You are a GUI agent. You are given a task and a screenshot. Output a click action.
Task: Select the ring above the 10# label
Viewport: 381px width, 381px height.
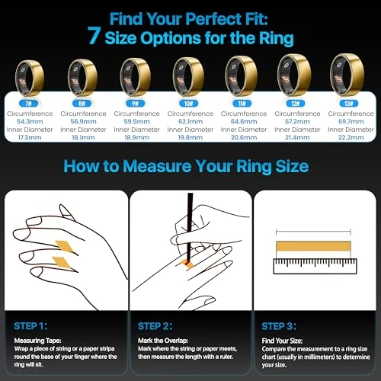click(187, 74)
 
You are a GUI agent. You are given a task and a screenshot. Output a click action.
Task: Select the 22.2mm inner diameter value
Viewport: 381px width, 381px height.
click(343, 138)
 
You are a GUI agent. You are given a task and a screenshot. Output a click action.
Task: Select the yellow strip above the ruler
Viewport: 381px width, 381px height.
click(312, 245)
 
